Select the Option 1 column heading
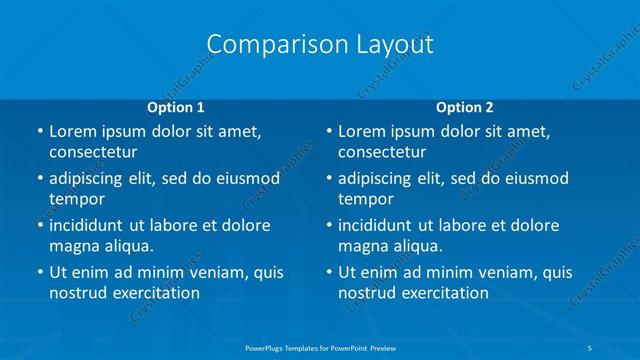(x=176, y=106)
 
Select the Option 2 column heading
(x=465, y=106)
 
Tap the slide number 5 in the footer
(x=591, y=346)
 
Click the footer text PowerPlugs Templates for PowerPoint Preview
(x=319, y=346)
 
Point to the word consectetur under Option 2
(x=382, y=152)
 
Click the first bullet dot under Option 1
(x=39, y=132)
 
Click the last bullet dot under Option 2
(x=328, y=272)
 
